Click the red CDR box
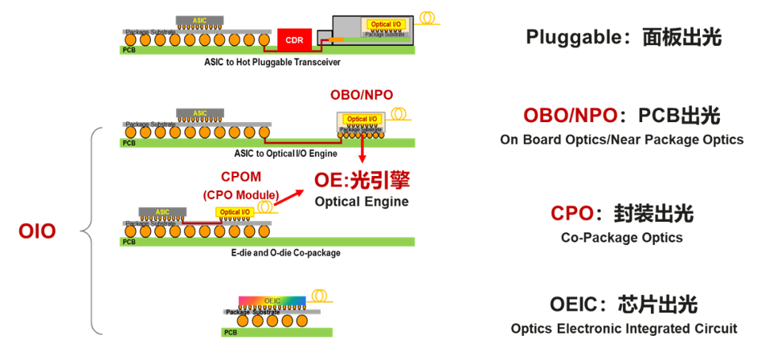point(294,39)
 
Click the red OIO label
point(38,232)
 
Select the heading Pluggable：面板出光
point(624,37)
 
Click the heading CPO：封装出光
point(622,214)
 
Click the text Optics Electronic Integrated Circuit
point(624,328)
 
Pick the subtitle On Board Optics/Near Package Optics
point(622,140)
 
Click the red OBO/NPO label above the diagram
point(362,95)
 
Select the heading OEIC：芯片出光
point(624,305)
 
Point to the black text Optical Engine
point(362,201)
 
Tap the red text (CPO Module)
point(240,194)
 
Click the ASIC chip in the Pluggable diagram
point(199,18)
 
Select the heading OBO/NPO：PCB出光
point(622,116)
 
